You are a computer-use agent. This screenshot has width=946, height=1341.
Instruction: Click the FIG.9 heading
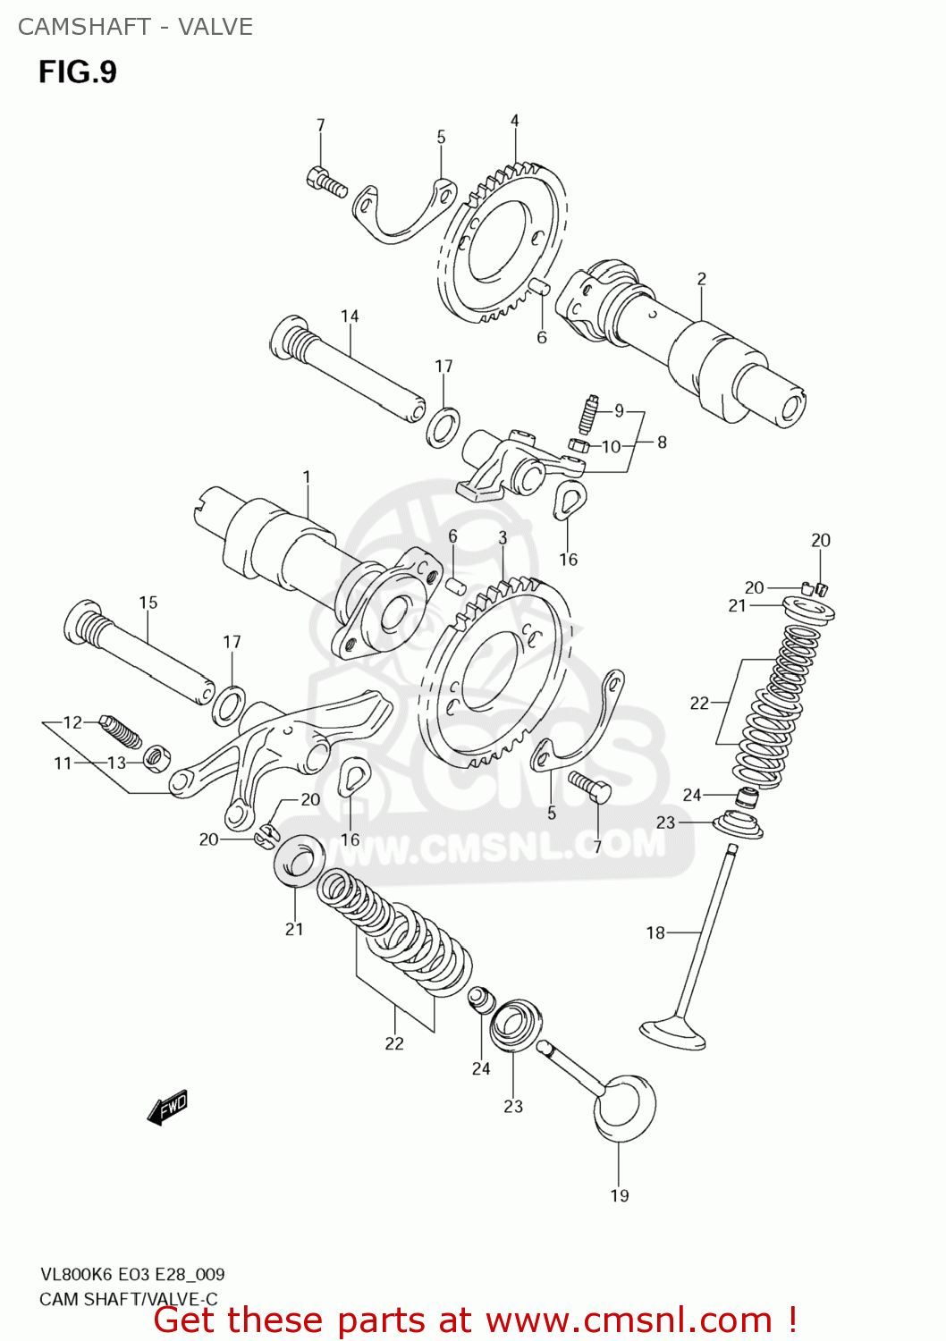(77, 72)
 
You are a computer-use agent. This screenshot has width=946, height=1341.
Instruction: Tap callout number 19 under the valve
(620, 1195)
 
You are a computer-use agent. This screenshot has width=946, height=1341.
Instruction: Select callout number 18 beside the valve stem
(655, 932)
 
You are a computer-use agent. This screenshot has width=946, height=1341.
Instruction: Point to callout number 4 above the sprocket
(515, 121)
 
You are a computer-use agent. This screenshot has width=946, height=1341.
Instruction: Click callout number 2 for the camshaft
(702, 279)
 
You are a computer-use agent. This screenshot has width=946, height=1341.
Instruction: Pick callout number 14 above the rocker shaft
(350, 316)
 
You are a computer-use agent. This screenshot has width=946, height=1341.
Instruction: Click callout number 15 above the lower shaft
(148, 603)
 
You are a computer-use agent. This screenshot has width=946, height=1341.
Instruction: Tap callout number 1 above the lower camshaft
(307, 477)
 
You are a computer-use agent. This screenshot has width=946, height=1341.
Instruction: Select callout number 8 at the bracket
(662, 442)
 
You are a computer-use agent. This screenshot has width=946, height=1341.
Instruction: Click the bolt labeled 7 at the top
(325, 181)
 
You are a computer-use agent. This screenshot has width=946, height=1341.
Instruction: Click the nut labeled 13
(156, 759)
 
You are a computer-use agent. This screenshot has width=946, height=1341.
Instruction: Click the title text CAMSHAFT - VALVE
(135, 27)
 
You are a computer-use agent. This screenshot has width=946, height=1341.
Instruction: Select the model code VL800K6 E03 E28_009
(131, 1274)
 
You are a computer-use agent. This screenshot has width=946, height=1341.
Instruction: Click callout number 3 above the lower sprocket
(503, 537)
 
